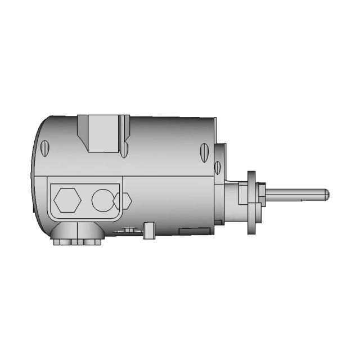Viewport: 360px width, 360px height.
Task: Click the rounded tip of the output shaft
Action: [x=326, y=195]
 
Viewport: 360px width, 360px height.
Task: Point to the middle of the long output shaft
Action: [x=295, y=195]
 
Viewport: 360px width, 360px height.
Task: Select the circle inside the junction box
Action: [x=102, y=200]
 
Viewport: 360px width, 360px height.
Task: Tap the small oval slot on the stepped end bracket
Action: [x=217, y=166]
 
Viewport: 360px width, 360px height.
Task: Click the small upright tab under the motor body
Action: [x=150, y=230]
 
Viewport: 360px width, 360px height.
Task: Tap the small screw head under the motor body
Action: [x=129, y=229]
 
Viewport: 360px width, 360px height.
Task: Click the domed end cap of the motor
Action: [x=39, y=174]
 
